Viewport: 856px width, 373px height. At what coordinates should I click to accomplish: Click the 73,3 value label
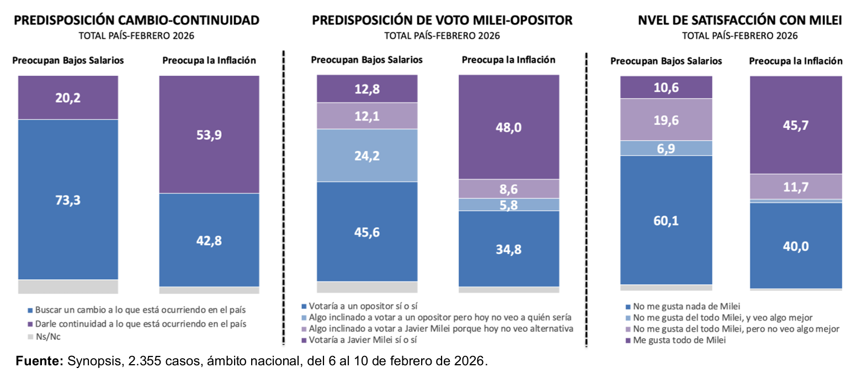68,200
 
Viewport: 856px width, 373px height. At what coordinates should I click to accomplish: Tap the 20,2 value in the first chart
68,98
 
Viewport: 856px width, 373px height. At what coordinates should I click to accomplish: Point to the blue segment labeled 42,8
209,241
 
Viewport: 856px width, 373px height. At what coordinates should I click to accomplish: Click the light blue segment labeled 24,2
366,156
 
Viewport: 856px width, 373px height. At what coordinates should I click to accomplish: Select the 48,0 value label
509,127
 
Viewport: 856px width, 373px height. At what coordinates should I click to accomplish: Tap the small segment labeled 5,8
509,205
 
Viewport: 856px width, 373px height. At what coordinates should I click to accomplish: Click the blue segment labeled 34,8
509,249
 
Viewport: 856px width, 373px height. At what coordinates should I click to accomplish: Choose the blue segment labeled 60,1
666,220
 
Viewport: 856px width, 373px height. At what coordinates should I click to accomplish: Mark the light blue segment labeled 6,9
666,148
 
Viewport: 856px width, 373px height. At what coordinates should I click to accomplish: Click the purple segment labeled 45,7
795,125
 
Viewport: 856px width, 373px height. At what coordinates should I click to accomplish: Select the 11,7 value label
795,186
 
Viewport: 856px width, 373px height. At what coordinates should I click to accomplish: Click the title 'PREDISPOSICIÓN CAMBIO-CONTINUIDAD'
136,21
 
